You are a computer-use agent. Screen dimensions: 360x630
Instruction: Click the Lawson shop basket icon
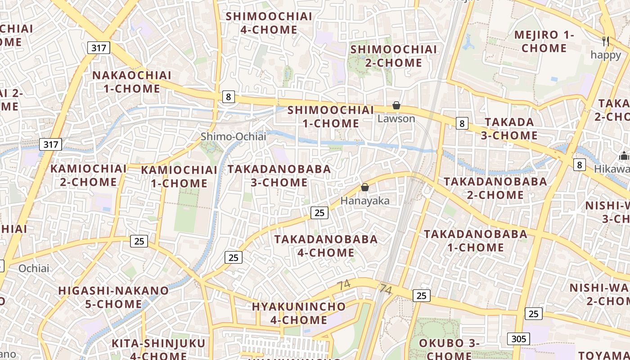click(x=396, y=105)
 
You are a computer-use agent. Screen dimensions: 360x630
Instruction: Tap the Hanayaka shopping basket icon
click(x=365, y=187)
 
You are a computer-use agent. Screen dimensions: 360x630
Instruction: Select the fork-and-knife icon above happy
click(x=606, y=41)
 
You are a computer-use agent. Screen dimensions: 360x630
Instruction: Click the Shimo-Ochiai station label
click(x=234, y=136)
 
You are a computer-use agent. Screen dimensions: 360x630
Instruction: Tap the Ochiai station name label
click(x=34, y=268)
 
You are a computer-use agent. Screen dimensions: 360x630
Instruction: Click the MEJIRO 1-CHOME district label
click(x=544, y=41)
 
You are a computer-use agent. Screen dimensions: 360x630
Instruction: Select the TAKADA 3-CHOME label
click(x=509, y=129)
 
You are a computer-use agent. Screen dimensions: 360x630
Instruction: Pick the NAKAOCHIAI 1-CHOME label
click(x=132, y=82)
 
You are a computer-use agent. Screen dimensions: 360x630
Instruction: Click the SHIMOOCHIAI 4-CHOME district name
click(x=269, y=23)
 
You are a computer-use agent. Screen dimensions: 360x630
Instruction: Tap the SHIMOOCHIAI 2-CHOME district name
click(x=394, y=56)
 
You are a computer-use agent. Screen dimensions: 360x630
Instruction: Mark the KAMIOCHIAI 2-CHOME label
click(x=89, y=175)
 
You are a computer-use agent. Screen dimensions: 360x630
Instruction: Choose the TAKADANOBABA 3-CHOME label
click(x=279, y=175)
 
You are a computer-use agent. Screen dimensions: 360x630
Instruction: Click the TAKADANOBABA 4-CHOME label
click(x=326, y=246)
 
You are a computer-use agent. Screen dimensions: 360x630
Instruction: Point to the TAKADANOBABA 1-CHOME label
click(x=476, y=240)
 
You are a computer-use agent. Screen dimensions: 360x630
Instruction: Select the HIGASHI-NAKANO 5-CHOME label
click(x=113, y=297)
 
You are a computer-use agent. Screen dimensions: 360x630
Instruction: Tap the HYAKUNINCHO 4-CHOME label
click(x=299, y=313)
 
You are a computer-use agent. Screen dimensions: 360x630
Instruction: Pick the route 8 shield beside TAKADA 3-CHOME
click(x=462, y=123)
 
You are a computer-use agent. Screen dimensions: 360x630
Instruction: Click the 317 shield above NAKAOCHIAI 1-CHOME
click(x=99, y=48)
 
